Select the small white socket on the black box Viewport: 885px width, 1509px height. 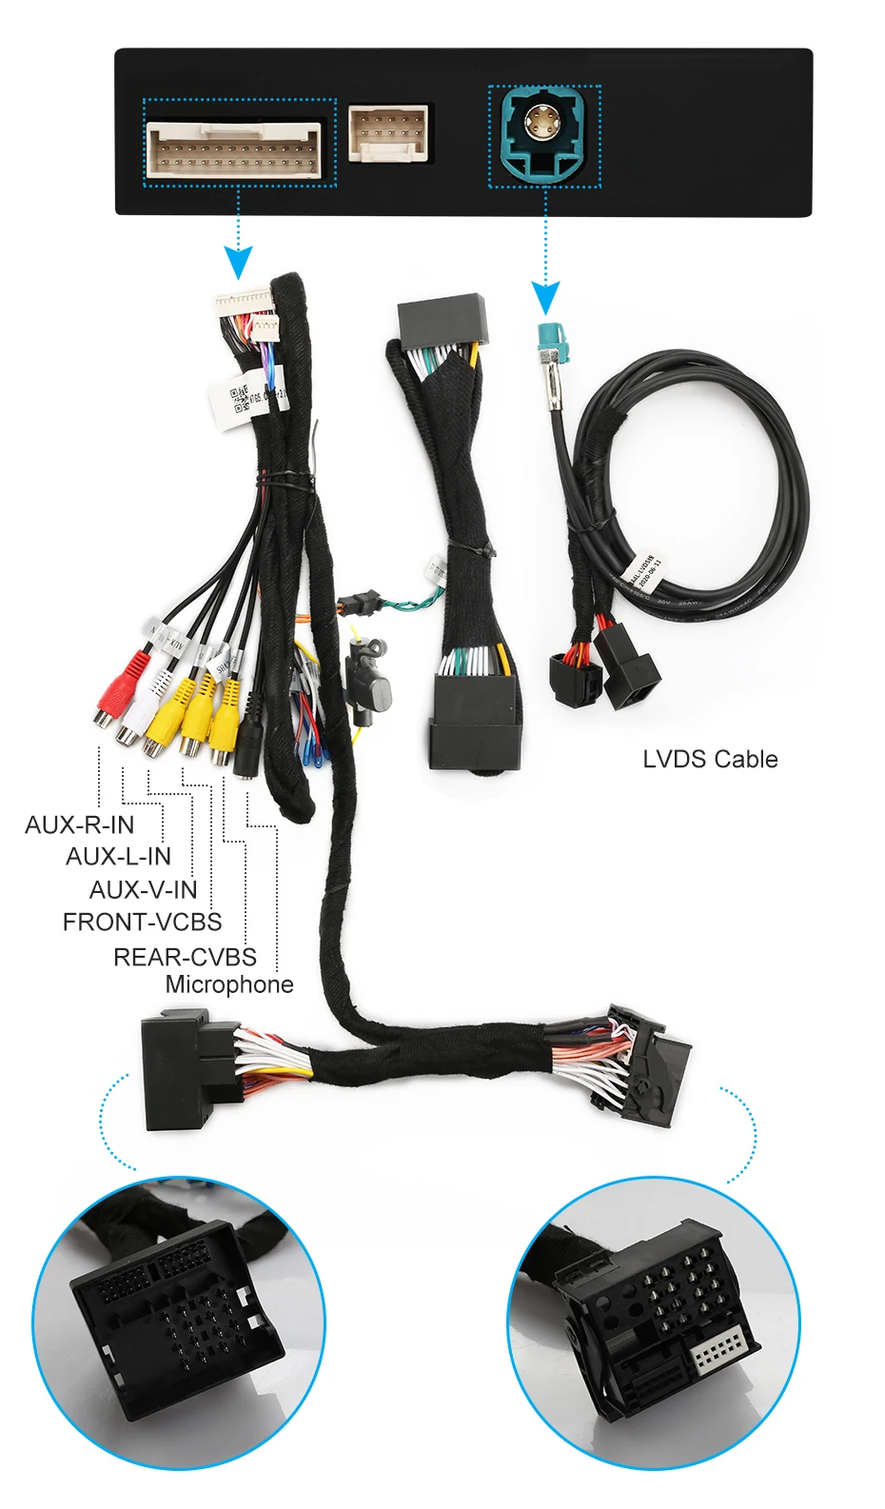(x=387, y=133)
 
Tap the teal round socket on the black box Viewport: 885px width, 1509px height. (x=544, y=132)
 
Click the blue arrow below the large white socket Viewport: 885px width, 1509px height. (x=238, y=261)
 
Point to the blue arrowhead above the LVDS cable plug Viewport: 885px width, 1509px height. (x=545, y=298)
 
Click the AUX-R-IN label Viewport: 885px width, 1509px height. (x=80, y=824)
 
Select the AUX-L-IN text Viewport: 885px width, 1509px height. (x=118, y=857)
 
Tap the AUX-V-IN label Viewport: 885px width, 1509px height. (x=143, y=889)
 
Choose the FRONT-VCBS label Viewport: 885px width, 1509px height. (x=142, y=922)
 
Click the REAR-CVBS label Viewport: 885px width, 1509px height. (x=185, y=957)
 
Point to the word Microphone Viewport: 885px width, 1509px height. (x=229, y=984)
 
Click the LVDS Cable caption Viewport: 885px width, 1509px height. (x=710, y=759)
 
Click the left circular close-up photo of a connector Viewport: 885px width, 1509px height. (x=180, y=1323)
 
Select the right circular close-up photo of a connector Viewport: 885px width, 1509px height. (x=655, y=1323)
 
